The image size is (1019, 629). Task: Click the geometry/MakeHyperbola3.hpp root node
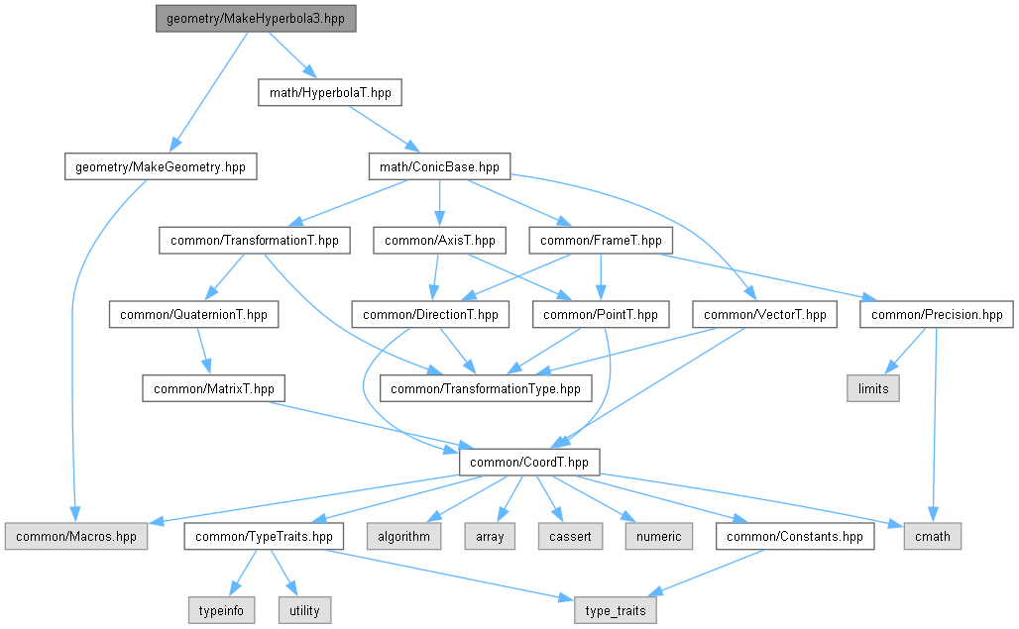click(255, 19)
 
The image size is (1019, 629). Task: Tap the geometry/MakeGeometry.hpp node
click(160, 167)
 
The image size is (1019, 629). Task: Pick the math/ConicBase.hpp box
click(439, 167)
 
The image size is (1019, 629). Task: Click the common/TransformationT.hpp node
click(255, 240)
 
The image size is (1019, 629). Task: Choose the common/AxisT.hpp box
click(439, 240)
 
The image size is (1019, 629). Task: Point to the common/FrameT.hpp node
click(601, 240)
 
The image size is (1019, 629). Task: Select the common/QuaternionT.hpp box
click(193, 315)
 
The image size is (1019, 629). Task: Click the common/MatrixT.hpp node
click(213, 388)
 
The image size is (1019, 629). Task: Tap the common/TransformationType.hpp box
click(486, 388)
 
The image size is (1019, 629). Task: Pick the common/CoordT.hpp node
click(528, 462)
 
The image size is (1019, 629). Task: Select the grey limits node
click(872, 388)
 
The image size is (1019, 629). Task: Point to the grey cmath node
click(932, 536)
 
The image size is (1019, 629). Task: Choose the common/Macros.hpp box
click(75, 536)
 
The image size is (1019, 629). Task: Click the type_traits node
click(615, 610)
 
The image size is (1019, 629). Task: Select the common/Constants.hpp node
click(796, 536)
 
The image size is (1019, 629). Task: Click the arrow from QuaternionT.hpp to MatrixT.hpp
click(202, 352)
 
